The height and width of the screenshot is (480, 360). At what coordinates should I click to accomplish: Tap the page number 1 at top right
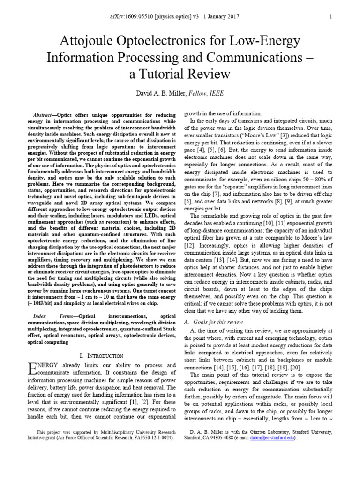(x=330, y=16)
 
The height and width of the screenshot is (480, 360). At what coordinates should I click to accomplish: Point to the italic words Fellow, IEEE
(x=206, y=94)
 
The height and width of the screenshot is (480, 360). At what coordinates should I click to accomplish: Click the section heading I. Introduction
(x=102, y=356)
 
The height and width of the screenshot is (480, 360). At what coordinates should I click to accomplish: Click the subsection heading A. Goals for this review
(x=213, y=322)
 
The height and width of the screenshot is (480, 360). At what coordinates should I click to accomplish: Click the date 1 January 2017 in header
(x=222, y=16)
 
